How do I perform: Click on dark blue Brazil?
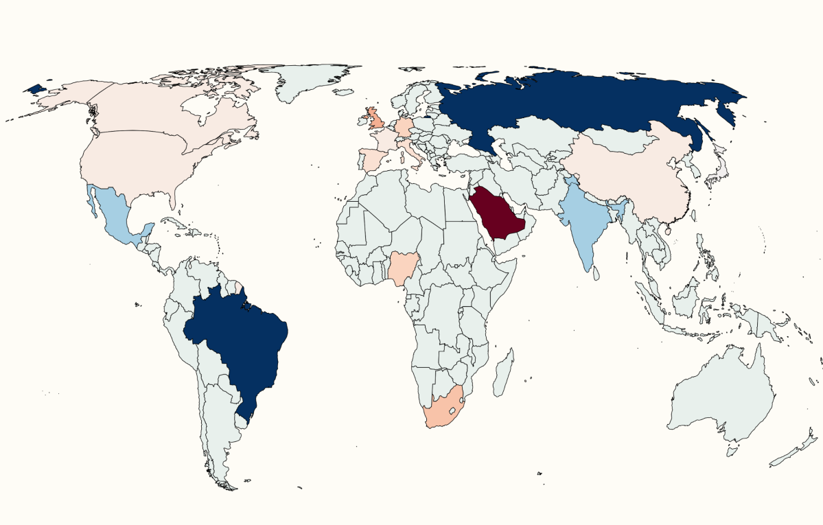237,336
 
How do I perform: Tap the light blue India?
583,220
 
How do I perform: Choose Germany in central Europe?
405,128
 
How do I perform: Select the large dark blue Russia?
583,103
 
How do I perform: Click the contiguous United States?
137,161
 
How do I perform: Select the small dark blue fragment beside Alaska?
34,89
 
